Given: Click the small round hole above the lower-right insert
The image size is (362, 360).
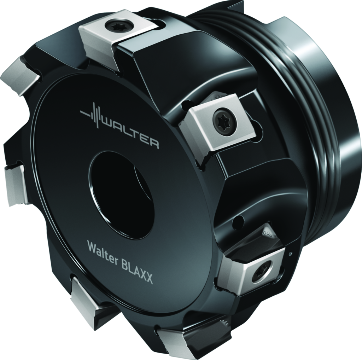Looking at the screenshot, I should click(x=238, y=222).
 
